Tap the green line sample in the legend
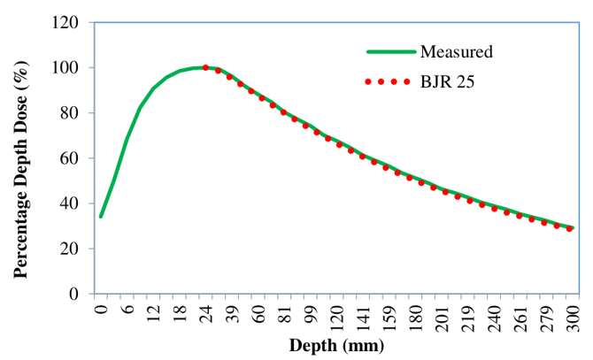pyautogui.click(x=390, y=51)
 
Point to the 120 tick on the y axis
pyautogui.click(x=73, y=22)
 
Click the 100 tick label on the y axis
pyautogui.click(x=73, y=67)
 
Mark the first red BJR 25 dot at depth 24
pyautogui.click(x=205, y=67)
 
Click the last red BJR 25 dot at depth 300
pyautogui.click(x=571, y=228)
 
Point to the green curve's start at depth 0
pyautogui.click(x=101, y=216)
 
